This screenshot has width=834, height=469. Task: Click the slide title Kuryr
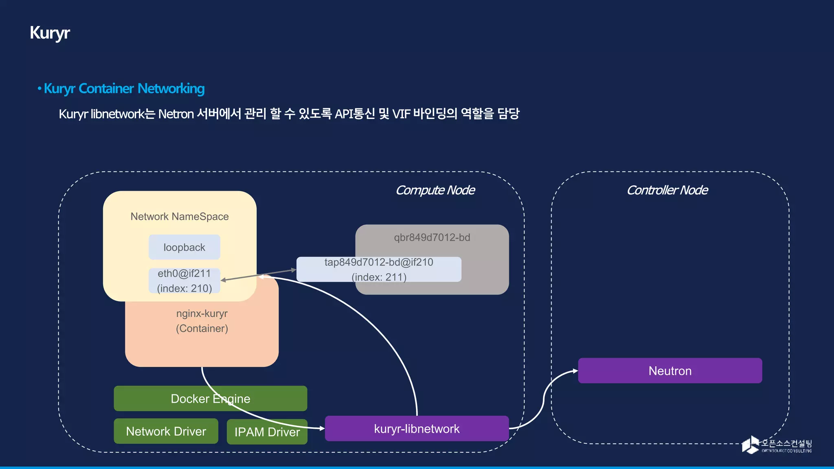50,33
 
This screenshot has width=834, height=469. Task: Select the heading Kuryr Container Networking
124,88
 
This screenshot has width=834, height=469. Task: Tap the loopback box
184,247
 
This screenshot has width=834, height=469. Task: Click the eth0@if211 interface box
184,281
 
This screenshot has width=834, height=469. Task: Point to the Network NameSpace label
179,217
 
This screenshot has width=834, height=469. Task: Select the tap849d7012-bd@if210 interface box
379,269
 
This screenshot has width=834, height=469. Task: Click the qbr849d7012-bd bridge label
432,237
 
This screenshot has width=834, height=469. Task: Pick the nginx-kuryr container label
202,321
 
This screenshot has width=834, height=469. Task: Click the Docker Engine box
210,399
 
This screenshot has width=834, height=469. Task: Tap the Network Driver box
166,431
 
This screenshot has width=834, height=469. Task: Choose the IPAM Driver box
267,432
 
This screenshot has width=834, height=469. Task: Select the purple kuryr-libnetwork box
417,429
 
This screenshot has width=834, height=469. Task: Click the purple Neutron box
670,371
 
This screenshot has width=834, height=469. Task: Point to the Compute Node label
435,190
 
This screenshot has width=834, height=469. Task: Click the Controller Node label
667,190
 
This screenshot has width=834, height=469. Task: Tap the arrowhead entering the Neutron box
575,371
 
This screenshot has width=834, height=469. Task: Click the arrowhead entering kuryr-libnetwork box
322,428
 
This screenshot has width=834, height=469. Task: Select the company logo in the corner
776,445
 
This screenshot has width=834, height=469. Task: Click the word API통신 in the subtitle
354,114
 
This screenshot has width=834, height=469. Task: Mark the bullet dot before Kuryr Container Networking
40,88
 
